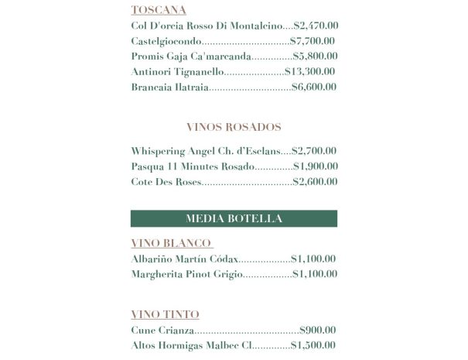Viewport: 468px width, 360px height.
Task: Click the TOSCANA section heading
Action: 159,10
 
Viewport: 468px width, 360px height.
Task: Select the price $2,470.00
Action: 316,26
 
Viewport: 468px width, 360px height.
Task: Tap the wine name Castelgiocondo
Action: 166,41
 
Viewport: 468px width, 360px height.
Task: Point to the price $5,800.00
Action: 316,57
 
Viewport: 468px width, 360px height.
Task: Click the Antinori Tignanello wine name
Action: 177,72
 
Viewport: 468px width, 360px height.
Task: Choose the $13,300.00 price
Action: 309,72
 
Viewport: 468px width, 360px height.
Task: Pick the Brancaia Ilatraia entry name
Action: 170,87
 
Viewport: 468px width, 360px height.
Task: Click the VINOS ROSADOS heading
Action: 234,127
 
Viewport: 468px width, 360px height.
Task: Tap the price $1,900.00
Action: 315,166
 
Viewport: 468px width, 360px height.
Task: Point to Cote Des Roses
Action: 166,182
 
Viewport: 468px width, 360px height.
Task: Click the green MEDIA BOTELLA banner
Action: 234,218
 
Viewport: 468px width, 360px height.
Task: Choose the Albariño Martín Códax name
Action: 185,259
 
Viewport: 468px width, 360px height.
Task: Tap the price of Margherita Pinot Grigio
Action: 315,274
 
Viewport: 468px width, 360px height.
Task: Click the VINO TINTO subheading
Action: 165,314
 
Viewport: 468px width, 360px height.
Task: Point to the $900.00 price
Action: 317,331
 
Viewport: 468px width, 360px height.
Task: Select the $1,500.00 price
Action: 313,345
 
